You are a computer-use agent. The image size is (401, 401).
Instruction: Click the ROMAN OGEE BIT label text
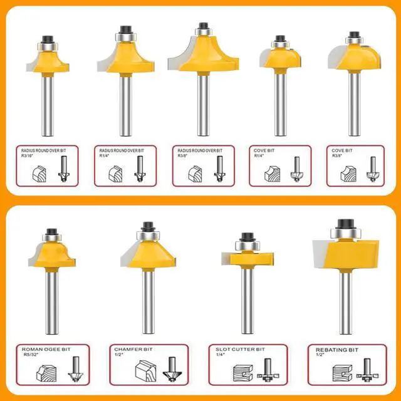46,350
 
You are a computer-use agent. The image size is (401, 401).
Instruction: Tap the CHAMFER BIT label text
133,349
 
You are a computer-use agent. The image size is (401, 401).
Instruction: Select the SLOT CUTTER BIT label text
240,349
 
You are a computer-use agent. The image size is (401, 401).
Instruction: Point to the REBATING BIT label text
337,350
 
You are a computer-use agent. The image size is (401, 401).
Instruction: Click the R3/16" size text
27,155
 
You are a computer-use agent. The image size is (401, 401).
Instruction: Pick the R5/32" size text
31,355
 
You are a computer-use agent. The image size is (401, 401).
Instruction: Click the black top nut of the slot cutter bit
247,237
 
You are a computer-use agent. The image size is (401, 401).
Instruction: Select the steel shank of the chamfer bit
148,302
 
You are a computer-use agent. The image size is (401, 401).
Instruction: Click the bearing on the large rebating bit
345,233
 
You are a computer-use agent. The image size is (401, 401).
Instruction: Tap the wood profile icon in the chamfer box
145,370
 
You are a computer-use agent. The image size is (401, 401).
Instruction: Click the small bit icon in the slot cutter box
268,370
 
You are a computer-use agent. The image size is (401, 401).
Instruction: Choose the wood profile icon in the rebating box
343,373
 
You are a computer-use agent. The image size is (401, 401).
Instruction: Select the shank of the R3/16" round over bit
48,106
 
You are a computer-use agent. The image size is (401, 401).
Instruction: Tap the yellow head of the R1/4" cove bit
283,58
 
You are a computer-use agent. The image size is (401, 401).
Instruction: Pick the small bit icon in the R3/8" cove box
373,169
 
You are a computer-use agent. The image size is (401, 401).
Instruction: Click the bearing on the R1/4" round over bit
125,36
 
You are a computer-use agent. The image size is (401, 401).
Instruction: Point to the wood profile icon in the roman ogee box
46,373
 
